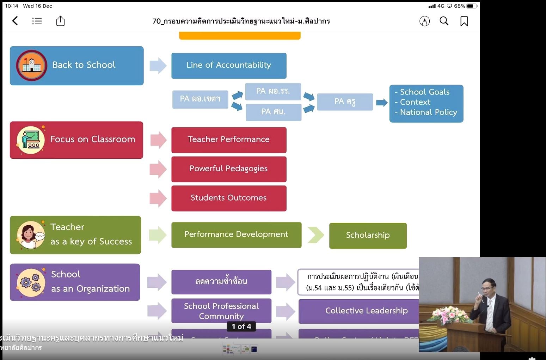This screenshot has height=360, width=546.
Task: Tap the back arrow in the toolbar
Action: (15, 21)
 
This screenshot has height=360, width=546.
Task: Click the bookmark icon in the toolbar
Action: (464, 21)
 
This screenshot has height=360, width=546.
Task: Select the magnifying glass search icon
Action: (444, 21)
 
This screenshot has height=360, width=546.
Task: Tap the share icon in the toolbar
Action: (60, 21)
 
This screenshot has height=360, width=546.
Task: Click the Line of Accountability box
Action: (229, 66)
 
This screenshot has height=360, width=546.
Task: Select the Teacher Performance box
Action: (229, 140)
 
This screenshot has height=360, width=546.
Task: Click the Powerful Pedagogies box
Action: (229, 169)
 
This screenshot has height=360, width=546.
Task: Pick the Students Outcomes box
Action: (229, 198)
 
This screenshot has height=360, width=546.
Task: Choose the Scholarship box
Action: (368, 236)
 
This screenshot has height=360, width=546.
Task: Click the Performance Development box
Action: (236, 235)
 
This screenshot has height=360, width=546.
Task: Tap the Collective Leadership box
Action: (366, 311)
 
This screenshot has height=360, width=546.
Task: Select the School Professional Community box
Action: (221, 311)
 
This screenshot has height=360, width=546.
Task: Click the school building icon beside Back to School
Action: (31, 66)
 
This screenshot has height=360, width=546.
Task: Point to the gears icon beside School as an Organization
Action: (31, 282)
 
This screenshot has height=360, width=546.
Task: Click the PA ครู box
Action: (345, 102)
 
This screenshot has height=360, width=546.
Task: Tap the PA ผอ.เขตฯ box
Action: (200, 99)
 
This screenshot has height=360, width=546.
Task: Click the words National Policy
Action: (428, 112)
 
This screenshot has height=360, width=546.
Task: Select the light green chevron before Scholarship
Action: (315, 235)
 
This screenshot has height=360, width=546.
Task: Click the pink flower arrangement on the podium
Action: (450, 314)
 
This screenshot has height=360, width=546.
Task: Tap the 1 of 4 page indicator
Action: (241, 327)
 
